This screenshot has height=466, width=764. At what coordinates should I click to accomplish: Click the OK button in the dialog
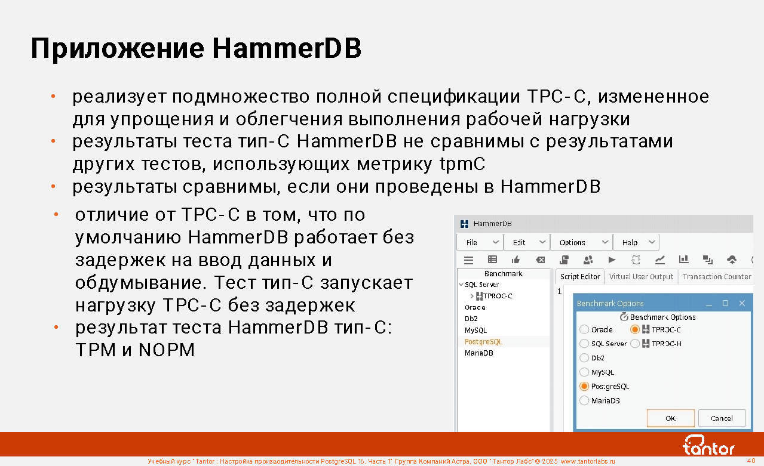click(671, 418)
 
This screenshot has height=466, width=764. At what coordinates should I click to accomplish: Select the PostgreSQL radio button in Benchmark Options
click(584, 386)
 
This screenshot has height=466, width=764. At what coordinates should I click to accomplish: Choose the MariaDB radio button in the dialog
click(584, 400)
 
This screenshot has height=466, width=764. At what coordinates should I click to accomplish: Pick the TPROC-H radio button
click(635, 344)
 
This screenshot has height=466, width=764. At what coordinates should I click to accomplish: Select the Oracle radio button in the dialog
click(584, 329)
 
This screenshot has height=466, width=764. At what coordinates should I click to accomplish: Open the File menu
click(480, 242)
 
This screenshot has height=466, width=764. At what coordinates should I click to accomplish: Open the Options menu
click(582, 242)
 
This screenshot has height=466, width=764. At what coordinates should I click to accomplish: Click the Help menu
click(636, 242)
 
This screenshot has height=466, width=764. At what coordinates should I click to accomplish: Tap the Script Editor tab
click(580, 276)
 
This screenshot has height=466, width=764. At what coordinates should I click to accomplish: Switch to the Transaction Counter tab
click(717, 276)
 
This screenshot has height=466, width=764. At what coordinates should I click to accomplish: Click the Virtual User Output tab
click(641, 276)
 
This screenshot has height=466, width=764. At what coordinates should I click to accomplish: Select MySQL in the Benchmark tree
click(476, 330)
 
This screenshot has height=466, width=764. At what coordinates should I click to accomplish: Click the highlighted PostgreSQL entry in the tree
click(483, 342)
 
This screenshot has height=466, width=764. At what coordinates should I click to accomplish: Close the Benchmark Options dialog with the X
click(742, 303)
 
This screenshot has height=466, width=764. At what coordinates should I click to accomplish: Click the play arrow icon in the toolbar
click(612, 260)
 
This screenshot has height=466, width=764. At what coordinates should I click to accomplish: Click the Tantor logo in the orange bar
click(708, 445)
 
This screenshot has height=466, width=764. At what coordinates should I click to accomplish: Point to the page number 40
click(751, 461)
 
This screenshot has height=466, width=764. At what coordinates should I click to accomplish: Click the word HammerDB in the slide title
click(287, 48)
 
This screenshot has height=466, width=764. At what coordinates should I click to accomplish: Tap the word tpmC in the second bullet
click(462, 164)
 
